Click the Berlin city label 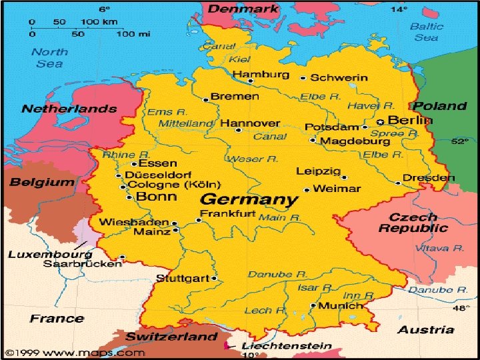pos(410,121)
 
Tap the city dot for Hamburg pos(251,83)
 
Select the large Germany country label pos(249,199)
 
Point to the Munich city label pos(341,306)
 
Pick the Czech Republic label pos(413,223)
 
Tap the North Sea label pos(50,57)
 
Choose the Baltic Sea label pos(426,32)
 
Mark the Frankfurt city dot pos(199,220)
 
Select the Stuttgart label pos(182,278)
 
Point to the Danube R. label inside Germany pos(277,274)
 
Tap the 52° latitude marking pos(459,141)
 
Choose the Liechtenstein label pos(287,346)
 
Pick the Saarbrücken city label pos(82,263)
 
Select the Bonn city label pos(157,196)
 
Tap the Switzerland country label pos(172,336)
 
